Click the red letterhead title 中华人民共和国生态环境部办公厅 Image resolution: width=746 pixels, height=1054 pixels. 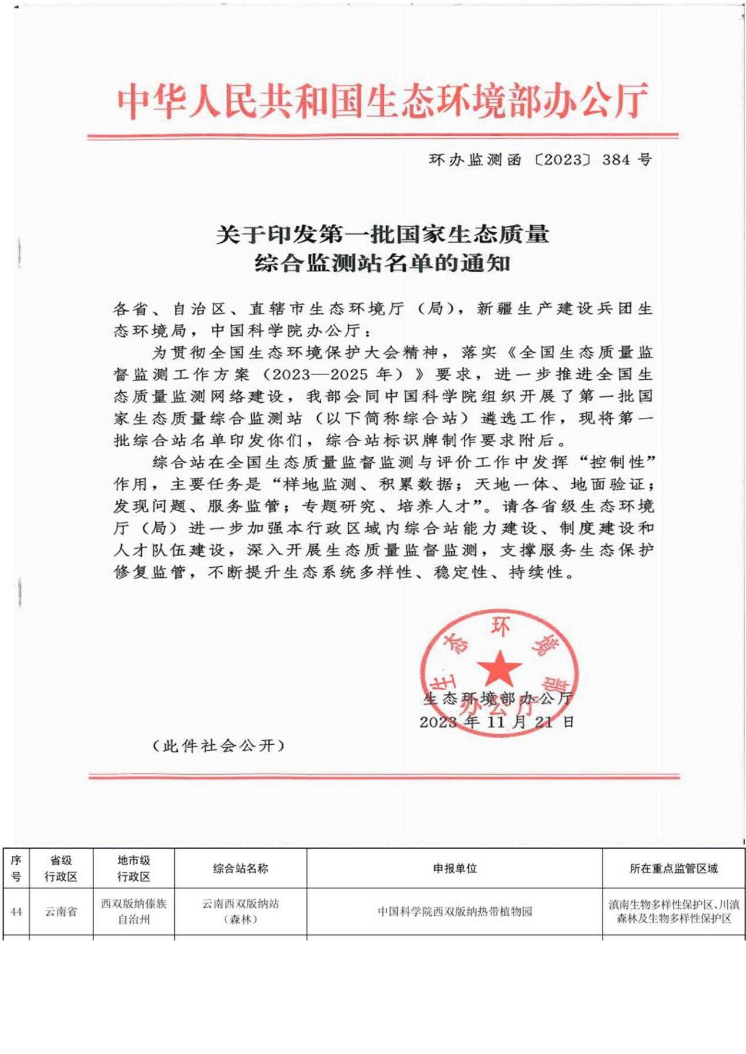click(x=382, y=101)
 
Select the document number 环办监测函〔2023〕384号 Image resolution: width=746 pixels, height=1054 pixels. click(x=540, y=160)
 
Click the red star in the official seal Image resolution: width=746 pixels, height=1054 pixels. click(x=499, y=669)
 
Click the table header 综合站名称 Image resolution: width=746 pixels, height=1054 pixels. click(x=240, y=868)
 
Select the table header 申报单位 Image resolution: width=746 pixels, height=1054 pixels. click(x=454, y=868)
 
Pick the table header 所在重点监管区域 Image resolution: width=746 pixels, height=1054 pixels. click(x=673, y=868)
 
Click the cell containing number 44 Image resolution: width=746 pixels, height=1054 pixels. click(x=16, y=912)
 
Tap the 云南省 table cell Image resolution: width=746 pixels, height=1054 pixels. click(x=61, y=912)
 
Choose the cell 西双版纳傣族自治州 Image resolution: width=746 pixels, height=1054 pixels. click(x=134, y=911)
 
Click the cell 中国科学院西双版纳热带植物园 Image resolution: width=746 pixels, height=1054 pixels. click(x=454, y=912)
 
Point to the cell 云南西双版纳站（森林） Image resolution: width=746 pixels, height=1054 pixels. click(x=240, y=911)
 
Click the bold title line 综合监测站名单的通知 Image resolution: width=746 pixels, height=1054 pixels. click(x=382, y=263)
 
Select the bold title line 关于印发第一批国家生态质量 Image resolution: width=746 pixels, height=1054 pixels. click(x=382, y=235)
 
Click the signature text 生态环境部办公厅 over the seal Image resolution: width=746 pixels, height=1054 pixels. click(x=497, y=698)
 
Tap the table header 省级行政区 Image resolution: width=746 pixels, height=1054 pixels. click(x=61, y=868)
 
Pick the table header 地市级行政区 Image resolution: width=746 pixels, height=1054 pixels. click(x=134, y=868)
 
